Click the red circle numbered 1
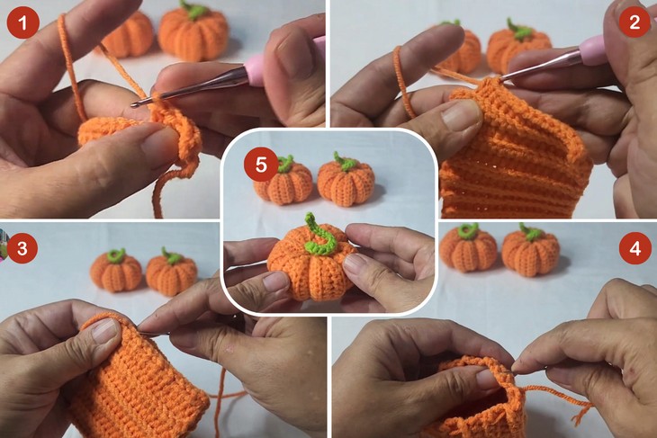tap(23, 22)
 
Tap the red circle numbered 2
tap(634, 22)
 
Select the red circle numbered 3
tap(22, 248)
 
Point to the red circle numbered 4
tap(634, 248)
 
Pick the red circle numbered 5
tap(261, 165)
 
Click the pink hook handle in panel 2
tap(593, 50)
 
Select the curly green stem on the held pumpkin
tap(319, 237)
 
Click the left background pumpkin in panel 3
tap(115, 271)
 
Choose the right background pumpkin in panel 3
tap(171, 271)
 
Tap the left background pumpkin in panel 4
tap(468, 247)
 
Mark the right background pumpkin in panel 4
tap(530, 250)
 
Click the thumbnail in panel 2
tap(461, 116)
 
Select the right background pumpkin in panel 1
tap(193, 31)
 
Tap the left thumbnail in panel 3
tap(105, 331)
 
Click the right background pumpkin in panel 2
tap(518, 47)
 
